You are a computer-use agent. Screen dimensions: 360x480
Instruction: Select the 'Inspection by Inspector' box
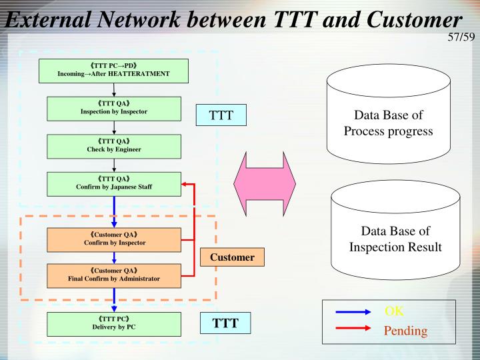click(113, 108)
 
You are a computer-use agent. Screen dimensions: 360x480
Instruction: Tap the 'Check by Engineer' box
click(113, 146)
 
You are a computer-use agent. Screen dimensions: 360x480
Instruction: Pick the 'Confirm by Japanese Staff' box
click(113, 183)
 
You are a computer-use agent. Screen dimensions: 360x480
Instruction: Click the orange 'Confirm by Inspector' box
click(113, 239)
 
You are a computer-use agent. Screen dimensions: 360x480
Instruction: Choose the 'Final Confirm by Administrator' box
click(113, 275)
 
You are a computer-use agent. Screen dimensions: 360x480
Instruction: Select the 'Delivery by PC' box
click(113, 323)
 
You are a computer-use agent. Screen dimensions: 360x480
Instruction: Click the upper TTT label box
click(221, 115)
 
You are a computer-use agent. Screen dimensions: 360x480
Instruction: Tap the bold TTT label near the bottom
click(226, 324)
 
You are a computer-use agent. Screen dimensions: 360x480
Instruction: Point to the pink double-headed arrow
click(265, 181)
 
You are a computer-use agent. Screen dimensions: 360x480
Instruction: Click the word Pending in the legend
click(405, 331)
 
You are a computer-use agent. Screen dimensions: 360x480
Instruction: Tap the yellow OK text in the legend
click(395, 312)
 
